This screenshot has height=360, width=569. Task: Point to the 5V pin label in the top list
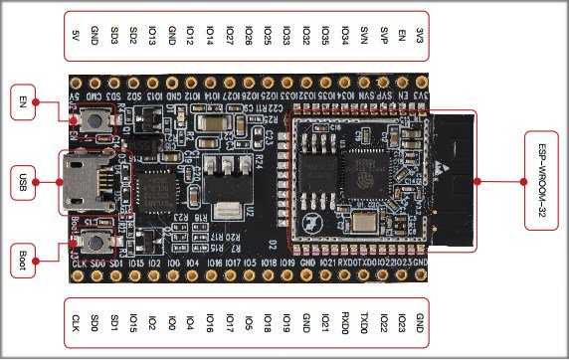click(x=77, y=37)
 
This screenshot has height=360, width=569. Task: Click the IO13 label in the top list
click(x=151, y=37)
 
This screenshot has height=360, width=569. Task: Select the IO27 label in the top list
click(x=228, y=37)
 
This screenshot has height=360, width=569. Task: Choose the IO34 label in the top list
click(x=344, y=37)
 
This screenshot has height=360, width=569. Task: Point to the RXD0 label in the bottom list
click(x=344, y=323)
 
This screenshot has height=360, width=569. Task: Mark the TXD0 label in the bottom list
click(x=364, y=323)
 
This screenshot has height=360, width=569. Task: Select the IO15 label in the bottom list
click(x=132, y=323)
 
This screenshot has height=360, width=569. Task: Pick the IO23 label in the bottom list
click(x=401, y=323)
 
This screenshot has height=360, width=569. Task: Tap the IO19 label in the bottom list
click(x=285, y=323)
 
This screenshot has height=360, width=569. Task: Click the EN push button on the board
click(x=95, y=120)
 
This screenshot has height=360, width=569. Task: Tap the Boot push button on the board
click(x=96, y=240)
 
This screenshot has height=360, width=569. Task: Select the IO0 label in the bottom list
click(x=172, y=323)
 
